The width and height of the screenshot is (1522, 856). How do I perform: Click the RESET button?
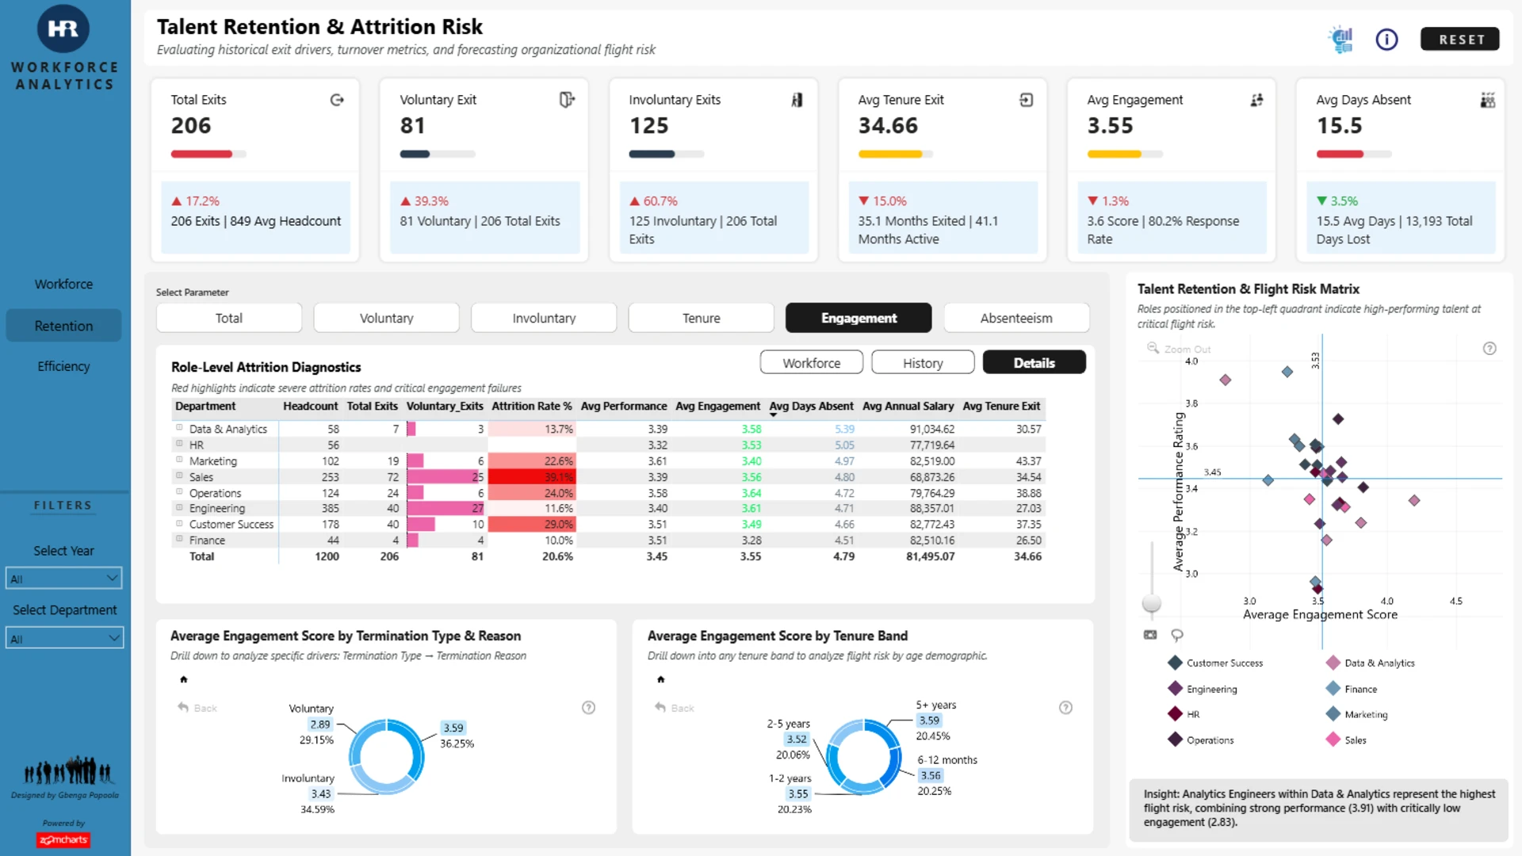pos(1459,39)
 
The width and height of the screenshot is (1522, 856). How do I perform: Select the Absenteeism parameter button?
pos(1016,318)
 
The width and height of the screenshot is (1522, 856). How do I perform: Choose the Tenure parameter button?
pos(701,318)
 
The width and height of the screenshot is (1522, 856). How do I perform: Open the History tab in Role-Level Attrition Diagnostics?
pos(923,362)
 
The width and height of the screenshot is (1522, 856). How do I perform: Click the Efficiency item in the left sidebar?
pos(63,366)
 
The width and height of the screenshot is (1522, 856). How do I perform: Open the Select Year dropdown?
pos(63,579)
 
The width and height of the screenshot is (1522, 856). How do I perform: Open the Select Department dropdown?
pos(64,638)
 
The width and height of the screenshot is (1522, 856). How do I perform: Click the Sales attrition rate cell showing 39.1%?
pos(531,477)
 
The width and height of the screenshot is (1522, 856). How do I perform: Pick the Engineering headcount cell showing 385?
pos(330,508)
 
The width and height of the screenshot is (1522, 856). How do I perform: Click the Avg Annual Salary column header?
pos(908,406)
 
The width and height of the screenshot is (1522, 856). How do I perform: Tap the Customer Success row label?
pos(231,524)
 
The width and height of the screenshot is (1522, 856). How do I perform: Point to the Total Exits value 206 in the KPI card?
pos(191,125)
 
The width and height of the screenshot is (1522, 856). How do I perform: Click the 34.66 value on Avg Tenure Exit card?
pos(888,125)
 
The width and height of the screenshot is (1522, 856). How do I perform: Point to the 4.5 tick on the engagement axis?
pos(1455,601)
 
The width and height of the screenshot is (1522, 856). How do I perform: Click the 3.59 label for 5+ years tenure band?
pos(929,720)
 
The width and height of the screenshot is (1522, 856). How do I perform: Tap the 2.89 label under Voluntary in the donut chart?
pos(320,724)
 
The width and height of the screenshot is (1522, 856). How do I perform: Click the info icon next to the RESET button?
pos(1386,39)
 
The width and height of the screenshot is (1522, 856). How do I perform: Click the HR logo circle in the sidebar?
pos(63,29)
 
